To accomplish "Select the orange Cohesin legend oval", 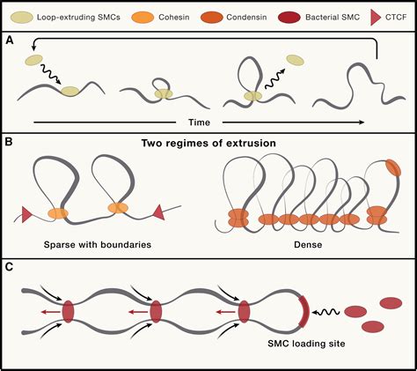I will point(136,17).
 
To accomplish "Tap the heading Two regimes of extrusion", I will point(208,144).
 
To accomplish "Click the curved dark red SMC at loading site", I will point(304,312).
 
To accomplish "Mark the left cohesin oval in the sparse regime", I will point(58,212).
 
